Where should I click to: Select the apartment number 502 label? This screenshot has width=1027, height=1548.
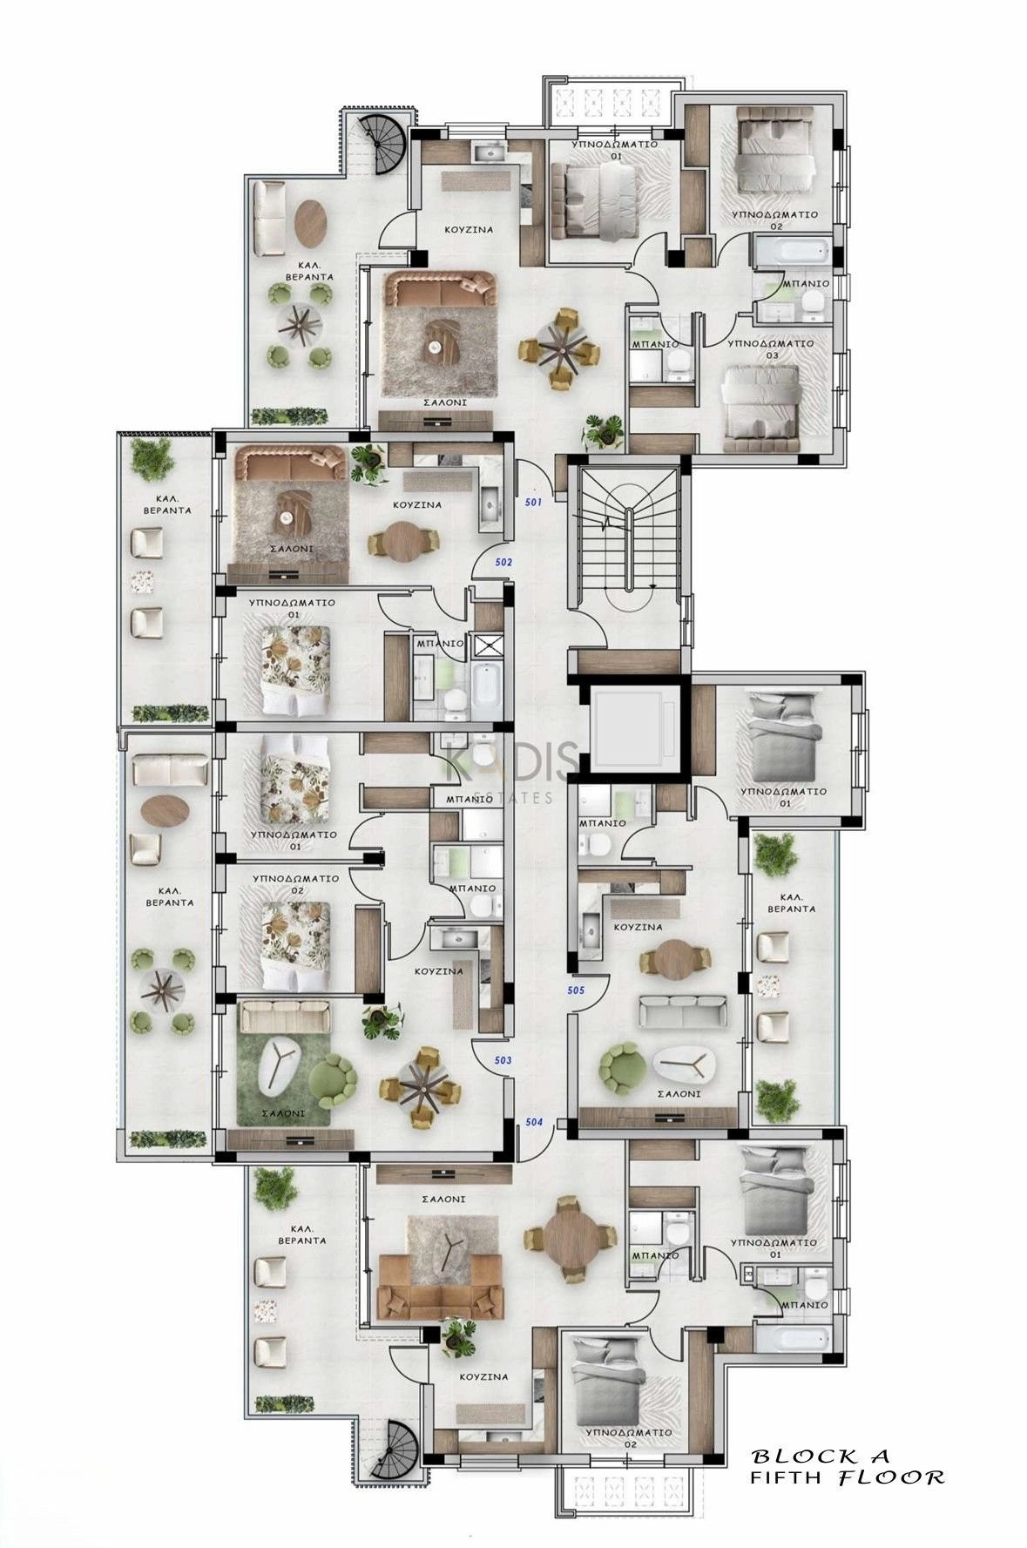(503, 563)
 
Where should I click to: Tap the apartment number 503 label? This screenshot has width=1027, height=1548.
(503, 1061)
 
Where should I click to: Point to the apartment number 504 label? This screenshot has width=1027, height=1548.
(534, 1122)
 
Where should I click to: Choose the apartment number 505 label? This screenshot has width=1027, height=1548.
(575, 990)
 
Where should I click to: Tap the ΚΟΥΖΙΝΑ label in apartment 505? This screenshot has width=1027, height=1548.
(638, 928)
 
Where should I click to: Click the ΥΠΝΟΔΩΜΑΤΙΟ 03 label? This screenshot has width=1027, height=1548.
(771, 348)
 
